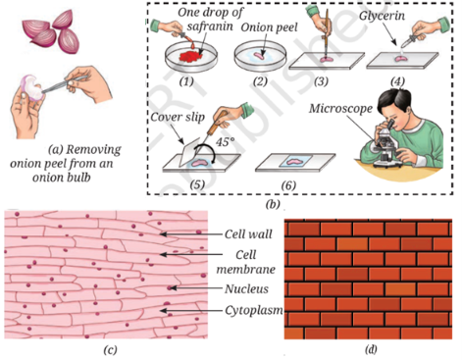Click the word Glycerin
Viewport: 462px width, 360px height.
[382, 16]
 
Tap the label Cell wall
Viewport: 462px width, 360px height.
[248, 234]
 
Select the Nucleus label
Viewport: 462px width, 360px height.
[246, 288]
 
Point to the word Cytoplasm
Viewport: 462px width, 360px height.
[254, 310]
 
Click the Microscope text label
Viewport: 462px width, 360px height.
[340, 109]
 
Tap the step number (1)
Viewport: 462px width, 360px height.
[186, 81]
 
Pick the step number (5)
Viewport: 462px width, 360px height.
[197, 184]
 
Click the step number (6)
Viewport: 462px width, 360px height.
[288, 185]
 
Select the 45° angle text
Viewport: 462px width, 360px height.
[225, 142]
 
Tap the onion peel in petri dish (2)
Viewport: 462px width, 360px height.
[260, 56]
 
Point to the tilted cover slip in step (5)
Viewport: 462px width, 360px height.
[190, 150]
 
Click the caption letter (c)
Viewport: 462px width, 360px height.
[110, 350]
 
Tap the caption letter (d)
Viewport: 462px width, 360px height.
[371, 349]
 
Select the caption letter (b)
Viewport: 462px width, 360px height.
[273, 204]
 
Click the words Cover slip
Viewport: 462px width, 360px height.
[178, 117]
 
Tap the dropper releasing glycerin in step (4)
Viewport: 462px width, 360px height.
[411, 40]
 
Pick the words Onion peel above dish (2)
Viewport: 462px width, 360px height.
[269, 27]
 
